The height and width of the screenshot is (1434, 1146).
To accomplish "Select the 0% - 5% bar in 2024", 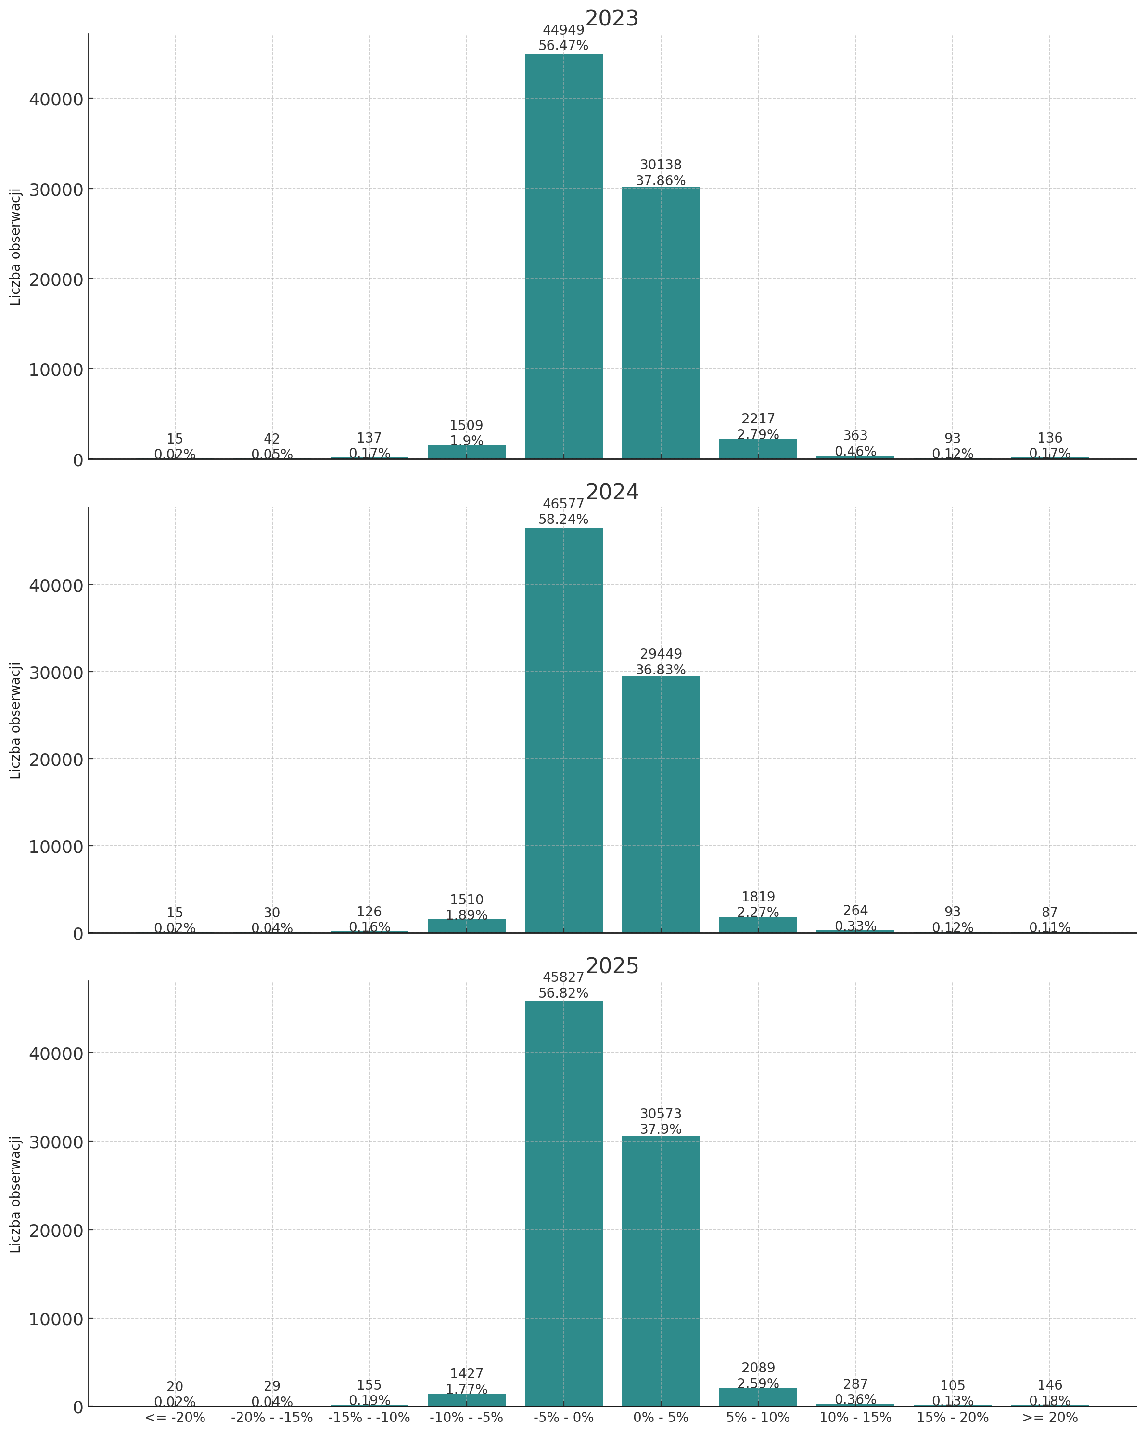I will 661,804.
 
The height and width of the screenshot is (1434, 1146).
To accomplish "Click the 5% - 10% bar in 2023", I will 758,449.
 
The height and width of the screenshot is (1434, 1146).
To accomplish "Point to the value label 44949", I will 563,30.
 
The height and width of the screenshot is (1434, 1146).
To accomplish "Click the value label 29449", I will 661,655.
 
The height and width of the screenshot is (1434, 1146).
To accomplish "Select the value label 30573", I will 661,1114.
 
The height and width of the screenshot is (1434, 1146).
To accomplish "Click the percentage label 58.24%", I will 563,520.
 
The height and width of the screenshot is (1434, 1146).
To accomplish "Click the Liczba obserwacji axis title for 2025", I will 16,1194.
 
